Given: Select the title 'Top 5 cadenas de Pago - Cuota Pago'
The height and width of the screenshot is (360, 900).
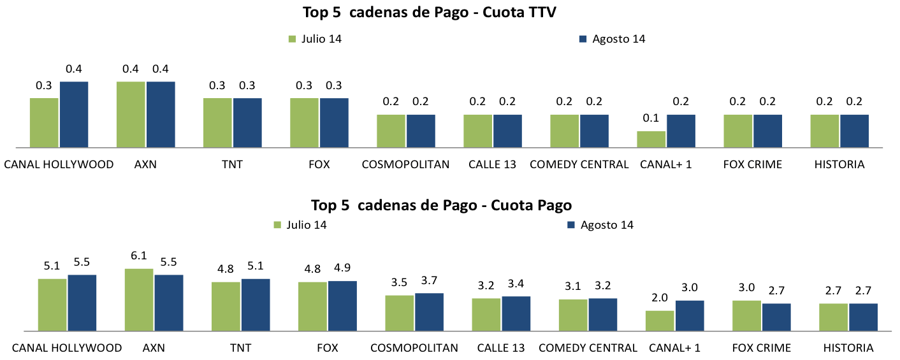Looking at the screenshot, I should [441, 205].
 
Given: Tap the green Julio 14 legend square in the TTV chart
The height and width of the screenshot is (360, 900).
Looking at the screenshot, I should [293, 39].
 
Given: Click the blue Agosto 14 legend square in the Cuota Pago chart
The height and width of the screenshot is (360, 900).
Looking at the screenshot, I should [571, 225].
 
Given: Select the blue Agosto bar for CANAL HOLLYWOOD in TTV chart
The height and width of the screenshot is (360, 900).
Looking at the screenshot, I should [74, 115].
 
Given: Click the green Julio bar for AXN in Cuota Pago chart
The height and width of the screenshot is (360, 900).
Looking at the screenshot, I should [139, 299].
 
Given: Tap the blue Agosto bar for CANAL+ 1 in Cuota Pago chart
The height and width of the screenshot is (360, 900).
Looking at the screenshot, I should [690, 315].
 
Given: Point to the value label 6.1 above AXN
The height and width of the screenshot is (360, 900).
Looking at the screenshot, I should [139, 256].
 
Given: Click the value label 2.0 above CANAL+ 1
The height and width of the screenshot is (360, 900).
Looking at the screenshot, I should [660, 298].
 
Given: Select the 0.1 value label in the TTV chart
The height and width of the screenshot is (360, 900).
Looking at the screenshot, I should [651, 119].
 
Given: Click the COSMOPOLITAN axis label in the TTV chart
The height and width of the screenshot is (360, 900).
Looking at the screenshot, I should [405, 164].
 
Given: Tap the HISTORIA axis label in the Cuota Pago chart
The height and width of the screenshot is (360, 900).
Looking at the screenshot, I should [848, 348].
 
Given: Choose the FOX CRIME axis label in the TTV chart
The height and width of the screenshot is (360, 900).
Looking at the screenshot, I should [753, 164].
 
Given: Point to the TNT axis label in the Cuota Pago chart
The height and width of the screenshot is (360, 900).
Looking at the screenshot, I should [240, 348].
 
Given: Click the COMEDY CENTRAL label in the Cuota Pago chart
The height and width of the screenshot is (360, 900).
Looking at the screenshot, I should [588, 348].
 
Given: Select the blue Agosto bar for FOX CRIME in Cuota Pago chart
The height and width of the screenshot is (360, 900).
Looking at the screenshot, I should [776, 317].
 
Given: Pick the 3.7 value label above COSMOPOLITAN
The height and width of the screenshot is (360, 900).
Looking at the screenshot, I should [429, 280].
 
